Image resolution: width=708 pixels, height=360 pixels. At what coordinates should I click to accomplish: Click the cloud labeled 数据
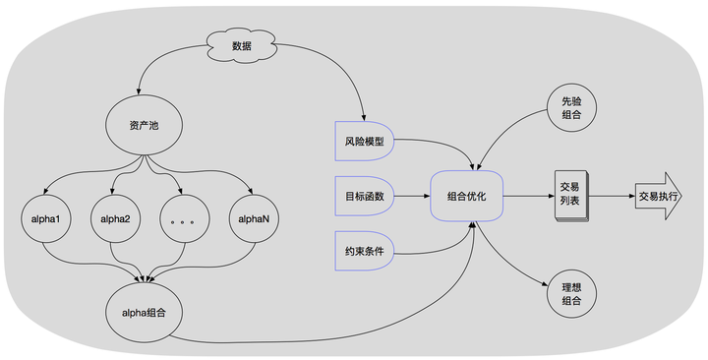[x=241, y=46]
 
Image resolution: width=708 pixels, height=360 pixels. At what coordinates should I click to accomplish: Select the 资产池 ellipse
[x=144, y=126]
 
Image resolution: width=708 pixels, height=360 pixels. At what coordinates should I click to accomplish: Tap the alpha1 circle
[x=45, y=219]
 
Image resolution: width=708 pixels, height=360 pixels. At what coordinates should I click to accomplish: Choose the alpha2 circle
[x=116, y=219]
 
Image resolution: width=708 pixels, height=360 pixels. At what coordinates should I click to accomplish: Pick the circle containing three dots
[x=184, y=219]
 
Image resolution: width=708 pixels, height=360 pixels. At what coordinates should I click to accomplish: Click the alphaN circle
[x=254, y=219]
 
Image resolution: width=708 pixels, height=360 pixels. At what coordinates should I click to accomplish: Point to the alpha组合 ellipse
[x=144, y=313]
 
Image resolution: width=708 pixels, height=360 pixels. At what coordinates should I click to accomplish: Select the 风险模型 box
[x=365, y=141]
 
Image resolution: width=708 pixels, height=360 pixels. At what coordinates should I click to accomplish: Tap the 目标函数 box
[x=365, y=196]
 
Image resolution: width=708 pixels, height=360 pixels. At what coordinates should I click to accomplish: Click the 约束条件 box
[x=365, y=251]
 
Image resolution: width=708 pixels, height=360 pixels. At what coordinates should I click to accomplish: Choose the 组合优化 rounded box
[x=466, y=196]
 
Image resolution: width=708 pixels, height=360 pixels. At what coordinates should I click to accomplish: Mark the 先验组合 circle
[x=571, y=107]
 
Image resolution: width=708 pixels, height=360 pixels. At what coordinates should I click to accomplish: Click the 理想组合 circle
[x=571, y=293]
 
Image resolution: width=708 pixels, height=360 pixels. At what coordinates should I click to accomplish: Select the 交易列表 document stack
[x=570, y=196]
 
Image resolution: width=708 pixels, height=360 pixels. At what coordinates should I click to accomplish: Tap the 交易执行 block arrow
[x=658, y=196]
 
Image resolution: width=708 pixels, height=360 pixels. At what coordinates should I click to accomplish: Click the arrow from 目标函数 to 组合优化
[x=412, y=196]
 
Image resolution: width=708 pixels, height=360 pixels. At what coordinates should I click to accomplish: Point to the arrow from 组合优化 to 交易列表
[x=529, y=196]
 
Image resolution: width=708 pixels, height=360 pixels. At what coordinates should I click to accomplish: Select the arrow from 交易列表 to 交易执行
[x=612, y=196]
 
